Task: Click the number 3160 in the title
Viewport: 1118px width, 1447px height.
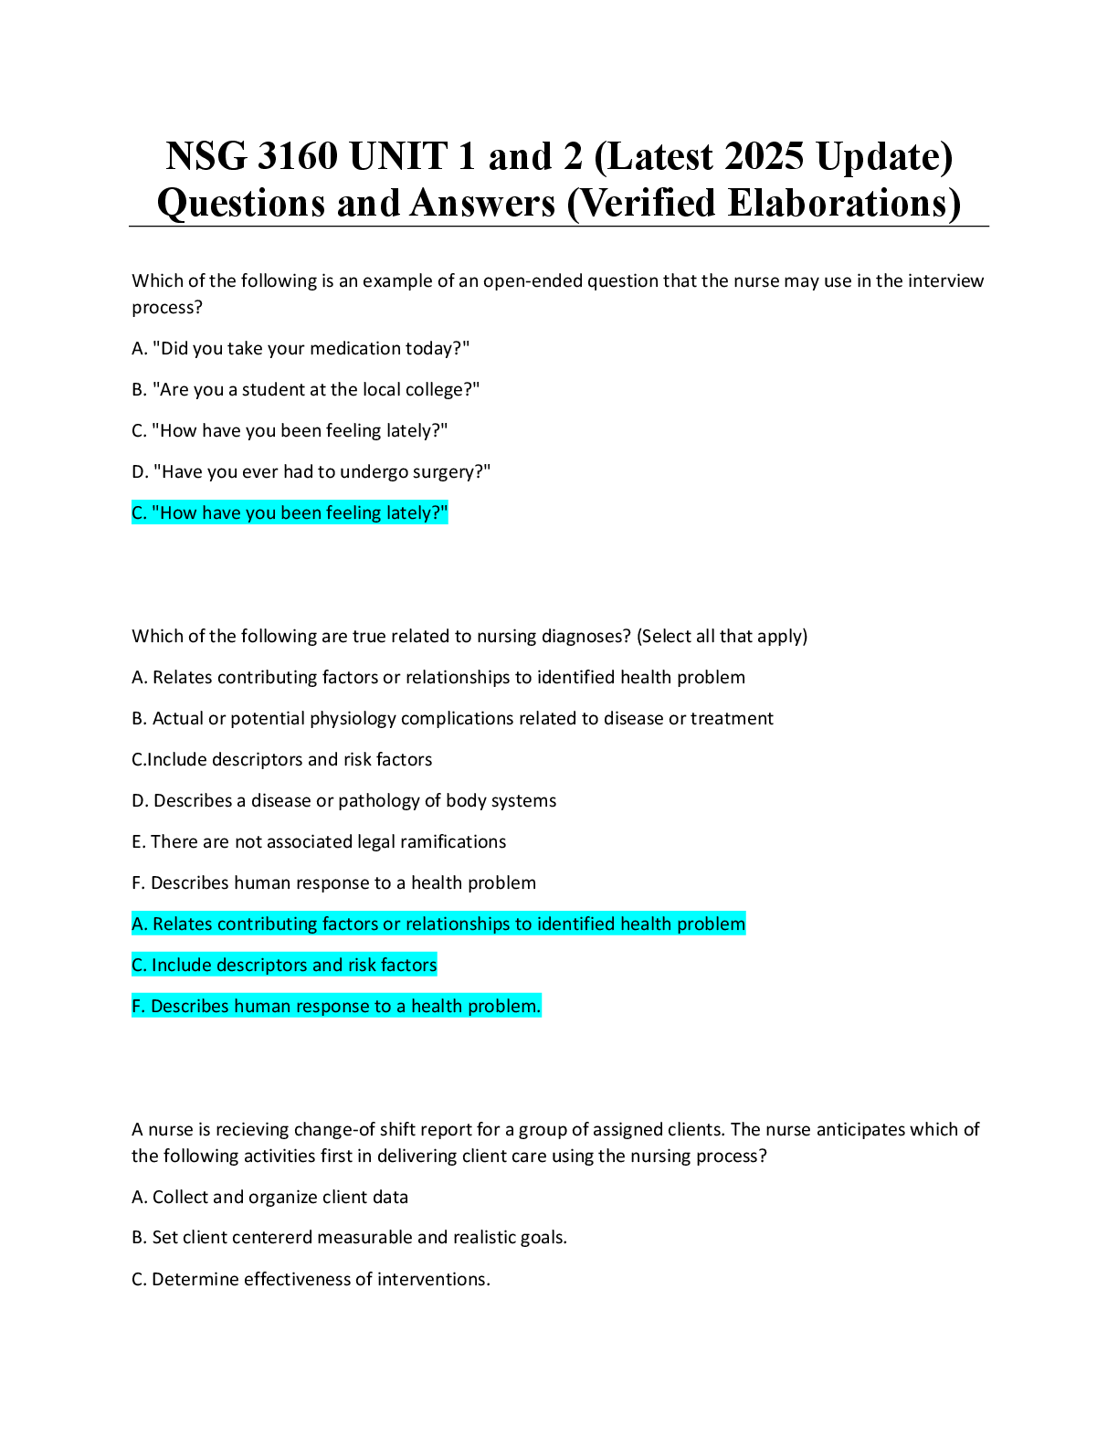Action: (x=297, y=156)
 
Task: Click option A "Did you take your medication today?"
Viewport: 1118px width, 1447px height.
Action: (x=301, y=348)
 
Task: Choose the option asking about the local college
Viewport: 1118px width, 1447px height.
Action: (x=306, y=389)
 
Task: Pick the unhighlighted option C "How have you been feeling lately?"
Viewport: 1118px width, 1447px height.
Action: (x=290, y=431)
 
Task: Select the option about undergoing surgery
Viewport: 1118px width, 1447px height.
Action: (x=311, y=472)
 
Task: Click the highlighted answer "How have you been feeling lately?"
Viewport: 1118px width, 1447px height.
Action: (x=290, y=512)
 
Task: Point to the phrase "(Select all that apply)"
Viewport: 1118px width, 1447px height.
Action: (x=722, y=636)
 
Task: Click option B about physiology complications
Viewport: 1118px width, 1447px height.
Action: (x=452, y=719)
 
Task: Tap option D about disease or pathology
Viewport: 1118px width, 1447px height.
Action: (x=343, y=800)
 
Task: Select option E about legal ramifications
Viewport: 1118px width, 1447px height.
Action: (x=319, y=841)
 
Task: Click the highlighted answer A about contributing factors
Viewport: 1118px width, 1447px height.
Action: (x=438, y=924)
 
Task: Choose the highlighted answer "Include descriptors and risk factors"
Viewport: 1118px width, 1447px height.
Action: (x=284, y=965)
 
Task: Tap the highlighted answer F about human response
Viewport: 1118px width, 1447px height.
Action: (x=336, y=1006)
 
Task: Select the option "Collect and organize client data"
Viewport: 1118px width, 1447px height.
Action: (x=269, y=1198)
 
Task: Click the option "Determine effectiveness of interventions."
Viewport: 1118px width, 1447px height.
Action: (x=311, y=1279)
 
